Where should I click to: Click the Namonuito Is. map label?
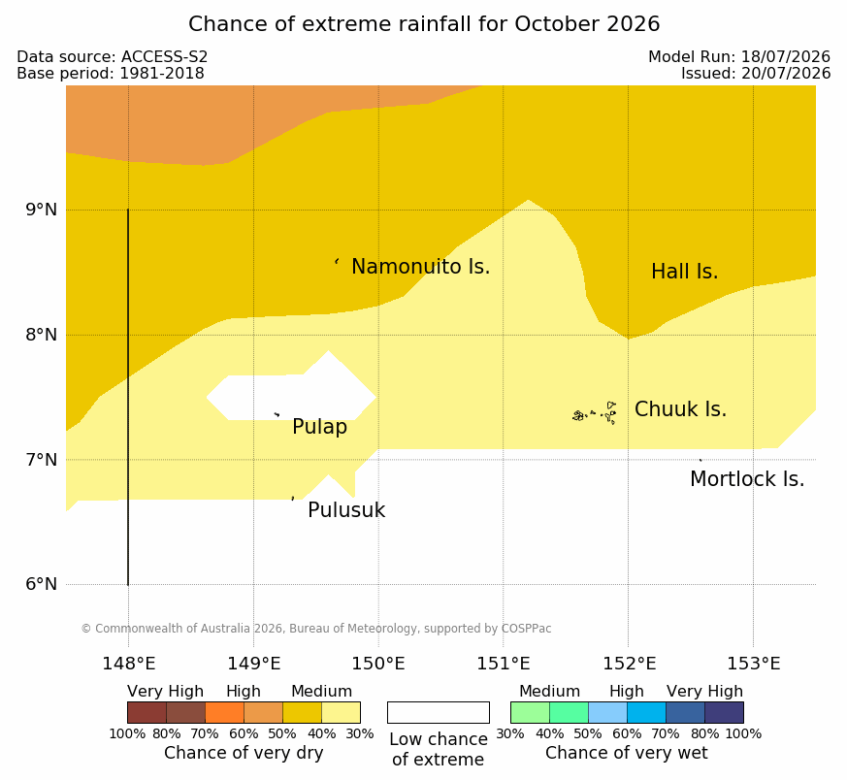click(x=421, y=267)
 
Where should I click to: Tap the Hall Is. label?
click(x=684, y=272)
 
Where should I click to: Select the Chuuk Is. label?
click(x=681, y=409)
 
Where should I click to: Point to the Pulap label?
click(x=320, y=427)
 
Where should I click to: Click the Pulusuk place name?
click(x=346, y=510)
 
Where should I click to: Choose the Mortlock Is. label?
click(x=747, y=479)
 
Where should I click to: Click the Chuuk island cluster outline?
click(x=595, y=413)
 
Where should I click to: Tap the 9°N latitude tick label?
click(x=41, y=210)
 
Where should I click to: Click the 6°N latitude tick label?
click(x=41, y=584)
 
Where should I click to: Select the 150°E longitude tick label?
click(x=378, y=664)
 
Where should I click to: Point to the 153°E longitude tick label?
click(x=753, y=664)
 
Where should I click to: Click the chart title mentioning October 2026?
click(x=424, y=24)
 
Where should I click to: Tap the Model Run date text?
click(x=739, y=56)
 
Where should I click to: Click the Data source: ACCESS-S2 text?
click(x=113, y=56)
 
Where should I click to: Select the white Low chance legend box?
click(x=439, y=712)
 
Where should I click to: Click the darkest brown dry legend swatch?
click(x=147, y=712)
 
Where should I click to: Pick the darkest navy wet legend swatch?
click(x=724, y=712)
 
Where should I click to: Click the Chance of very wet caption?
click(x=626, y=753)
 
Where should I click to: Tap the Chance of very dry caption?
click(x=244, y=753)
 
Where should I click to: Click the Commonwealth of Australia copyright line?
click(x=316, y=629)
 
